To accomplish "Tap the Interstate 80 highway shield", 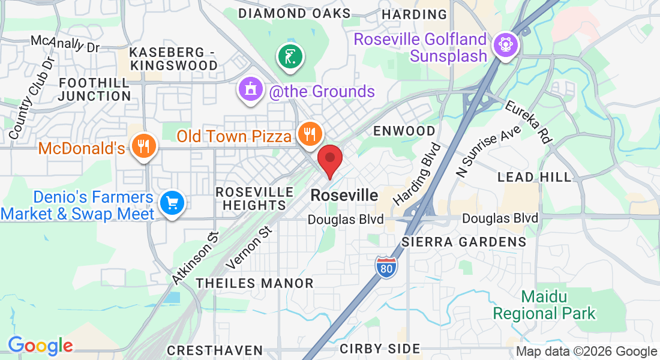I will pos(386,266).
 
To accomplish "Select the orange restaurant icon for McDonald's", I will pos(143,145).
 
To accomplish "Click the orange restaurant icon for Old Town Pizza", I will pos(310,134).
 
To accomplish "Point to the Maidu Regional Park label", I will pos(544,305).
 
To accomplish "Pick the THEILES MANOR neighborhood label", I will pos(255,283).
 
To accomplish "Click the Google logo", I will pos(40,346).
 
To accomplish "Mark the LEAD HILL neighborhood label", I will pos(535,177).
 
